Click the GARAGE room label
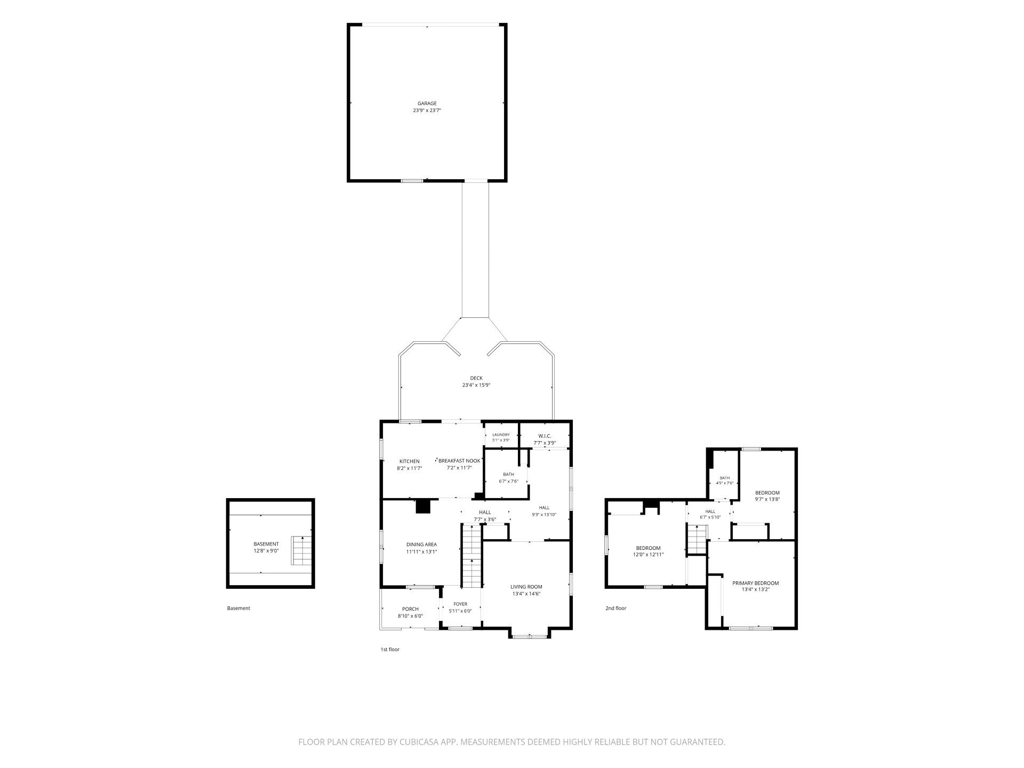click(427, 103)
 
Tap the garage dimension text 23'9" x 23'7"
click(427, 110)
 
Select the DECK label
click(476, 378)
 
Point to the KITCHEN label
click(410, 461)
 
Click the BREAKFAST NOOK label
click(459, 461)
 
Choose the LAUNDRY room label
click(501, 435)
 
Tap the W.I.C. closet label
click(545, 436)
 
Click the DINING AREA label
click(421, 545)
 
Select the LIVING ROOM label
click(526, 587)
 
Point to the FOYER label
click(460, 604)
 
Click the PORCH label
click(410, 609)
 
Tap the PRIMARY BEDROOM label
click(755, 583)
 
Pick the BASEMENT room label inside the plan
click(266, 544)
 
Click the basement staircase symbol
click(301, 550)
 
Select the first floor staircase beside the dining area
click(471, 556)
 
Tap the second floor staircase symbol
click(697, 540)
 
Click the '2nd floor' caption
click(616, 608)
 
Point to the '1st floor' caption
click(390, 650)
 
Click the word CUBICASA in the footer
click(426, 742)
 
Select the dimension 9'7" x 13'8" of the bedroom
click(767, 499)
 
